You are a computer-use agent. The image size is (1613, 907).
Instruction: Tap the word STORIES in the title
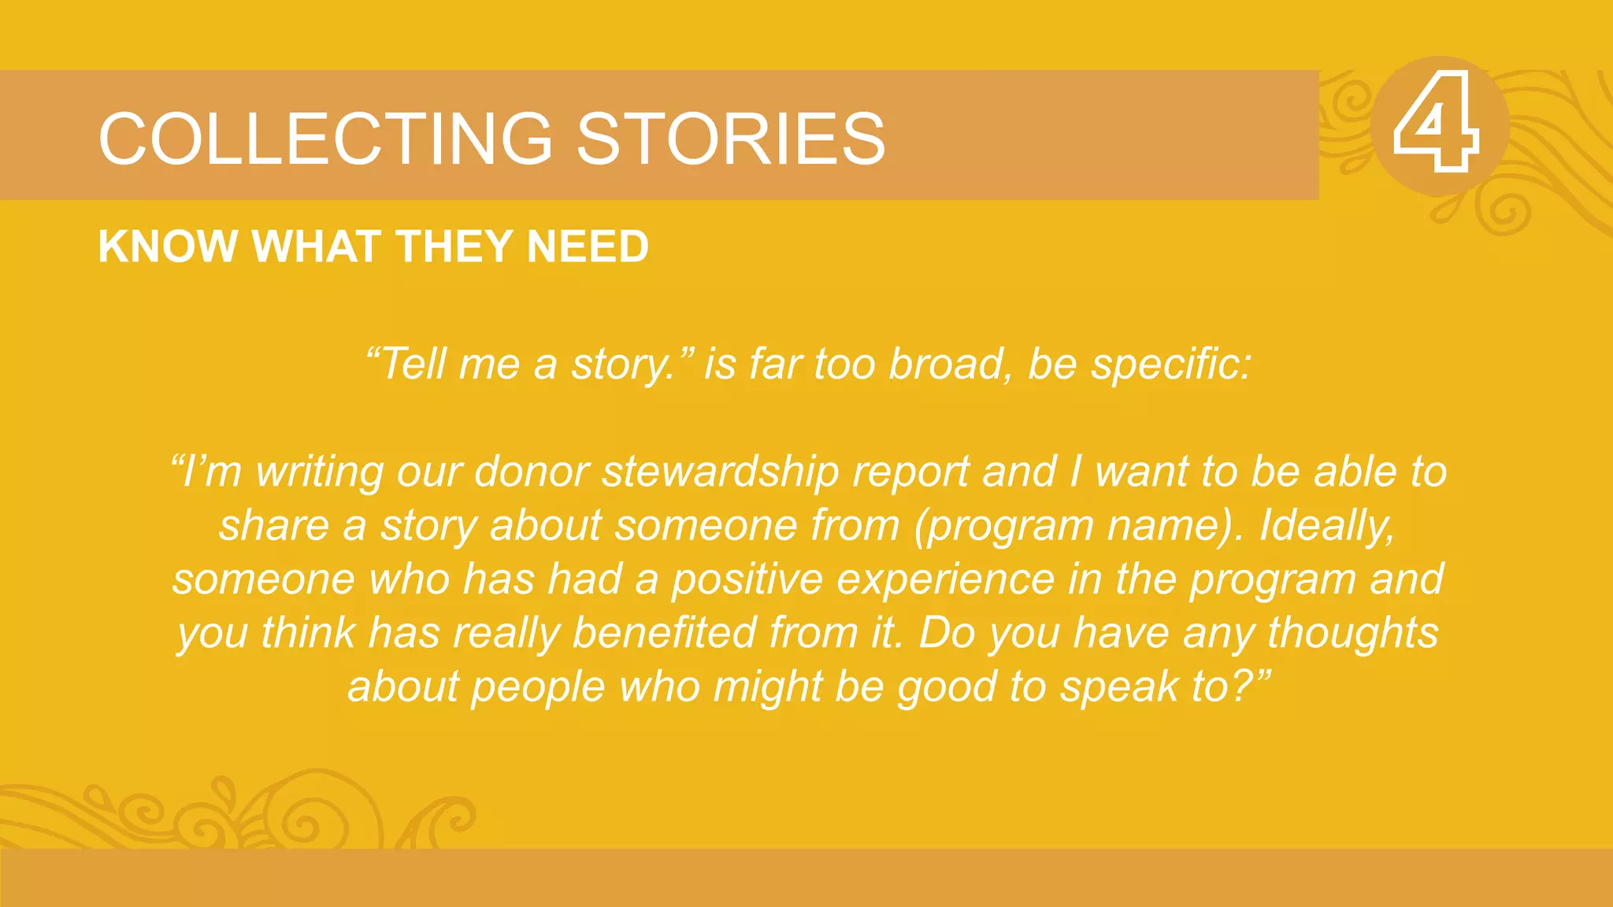point(731,139)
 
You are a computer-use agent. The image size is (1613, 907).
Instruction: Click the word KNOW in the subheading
point(168,246)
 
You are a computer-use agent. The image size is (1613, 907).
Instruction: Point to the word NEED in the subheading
point(588,246)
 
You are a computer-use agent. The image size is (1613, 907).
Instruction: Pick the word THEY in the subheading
point(454,246)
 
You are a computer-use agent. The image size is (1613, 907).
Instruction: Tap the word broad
point(947,364)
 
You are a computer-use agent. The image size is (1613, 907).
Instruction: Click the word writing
point(319,472)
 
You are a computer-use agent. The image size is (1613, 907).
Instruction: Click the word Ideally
point(1326,526)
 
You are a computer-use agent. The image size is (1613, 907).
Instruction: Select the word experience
point(945,580)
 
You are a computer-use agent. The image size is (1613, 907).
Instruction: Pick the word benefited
point(664,632)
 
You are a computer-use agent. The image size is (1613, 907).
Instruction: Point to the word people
point(538,687)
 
